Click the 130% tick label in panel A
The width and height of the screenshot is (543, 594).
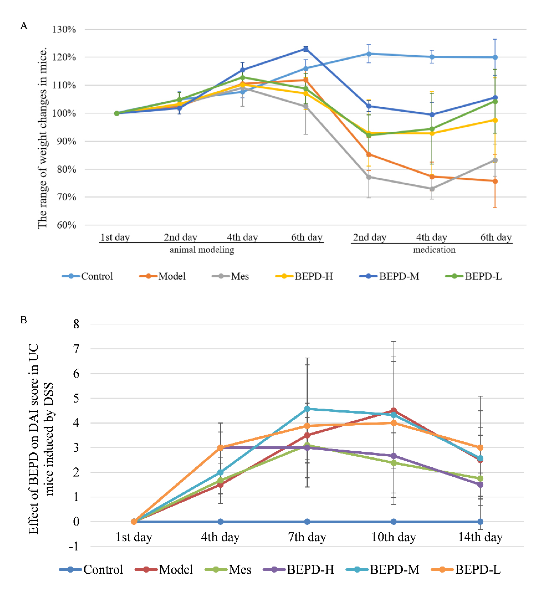coord(64,29)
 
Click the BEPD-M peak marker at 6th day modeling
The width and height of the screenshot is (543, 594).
coord(306,49)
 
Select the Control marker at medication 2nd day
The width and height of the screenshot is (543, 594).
coord(369,54)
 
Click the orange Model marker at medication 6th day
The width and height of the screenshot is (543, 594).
coord(495,181)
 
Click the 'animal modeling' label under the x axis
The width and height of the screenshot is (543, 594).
coord(202,250)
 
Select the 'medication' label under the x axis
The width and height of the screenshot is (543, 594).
coord(434,250)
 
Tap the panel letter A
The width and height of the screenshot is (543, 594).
coord(24,26)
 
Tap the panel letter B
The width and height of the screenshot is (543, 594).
coord(24,320)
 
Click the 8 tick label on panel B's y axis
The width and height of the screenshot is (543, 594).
coord(76,324)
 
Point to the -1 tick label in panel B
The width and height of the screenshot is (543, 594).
coord(74,547)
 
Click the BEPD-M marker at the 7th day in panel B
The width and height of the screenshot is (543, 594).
coord(307,409)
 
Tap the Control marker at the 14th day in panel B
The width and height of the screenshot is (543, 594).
coord(480,522)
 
